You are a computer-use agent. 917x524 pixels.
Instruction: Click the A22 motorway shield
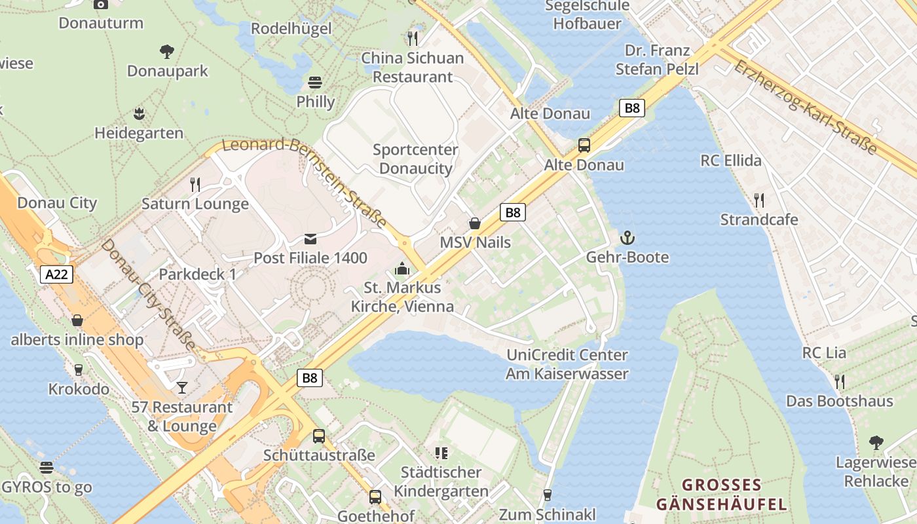coord(56,274)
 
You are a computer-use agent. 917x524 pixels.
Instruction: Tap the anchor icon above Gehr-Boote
coord(627,238)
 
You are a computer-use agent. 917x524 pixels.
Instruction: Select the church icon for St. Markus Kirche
coord(402,269)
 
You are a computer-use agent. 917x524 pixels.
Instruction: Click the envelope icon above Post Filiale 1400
coord(310,239)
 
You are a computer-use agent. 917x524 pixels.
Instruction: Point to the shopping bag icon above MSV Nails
coord(475,223)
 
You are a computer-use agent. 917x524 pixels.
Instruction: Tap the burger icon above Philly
coord(315,83)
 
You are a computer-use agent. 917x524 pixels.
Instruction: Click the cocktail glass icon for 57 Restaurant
coord(181,388)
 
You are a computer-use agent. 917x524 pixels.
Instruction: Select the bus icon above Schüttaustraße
coord(319,436)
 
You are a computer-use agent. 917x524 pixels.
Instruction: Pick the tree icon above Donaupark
coord(167,51)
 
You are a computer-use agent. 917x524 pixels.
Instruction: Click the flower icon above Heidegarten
coord(139,114)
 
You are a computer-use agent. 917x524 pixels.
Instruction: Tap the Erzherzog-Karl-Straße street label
coord(805,107)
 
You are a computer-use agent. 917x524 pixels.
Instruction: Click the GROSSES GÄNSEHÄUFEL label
coord(721,495)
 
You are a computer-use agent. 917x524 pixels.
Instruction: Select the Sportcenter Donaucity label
coord(415,159)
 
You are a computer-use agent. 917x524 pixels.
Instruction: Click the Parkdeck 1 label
coord(197,274)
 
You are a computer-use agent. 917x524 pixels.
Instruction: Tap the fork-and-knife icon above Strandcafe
coord(759,200)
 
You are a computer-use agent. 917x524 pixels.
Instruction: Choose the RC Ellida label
coord(731,160)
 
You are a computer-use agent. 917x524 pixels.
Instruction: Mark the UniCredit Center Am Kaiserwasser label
coord(567,364)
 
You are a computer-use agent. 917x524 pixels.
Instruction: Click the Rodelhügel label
coord(291,28)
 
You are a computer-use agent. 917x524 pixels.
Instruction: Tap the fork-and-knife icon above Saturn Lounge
coord(195,185)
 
